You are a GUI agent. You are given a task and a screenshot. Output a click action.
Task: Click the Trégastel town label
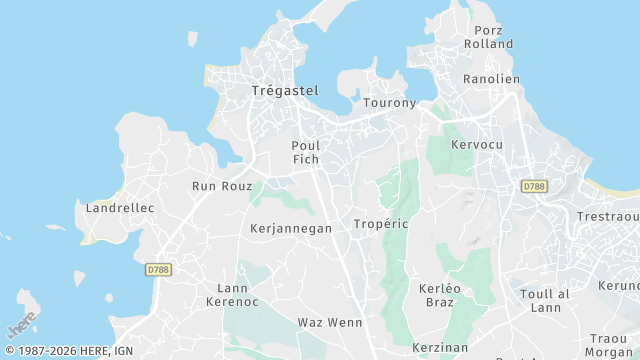(284, 91)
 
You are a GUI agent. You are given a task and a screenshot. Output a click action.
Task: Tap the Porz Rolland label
(489, 36)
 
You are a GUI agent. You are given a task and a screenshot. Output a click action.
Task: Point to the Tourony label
(389, 103)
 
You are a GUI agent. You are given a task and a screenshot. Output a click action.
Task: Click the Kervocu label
(477, 145)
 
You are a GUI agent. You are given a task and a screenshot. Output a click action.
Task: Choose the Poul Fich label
(305, 152)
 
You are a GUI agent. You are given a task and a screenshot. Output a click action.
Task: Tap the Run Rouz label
(222, 186)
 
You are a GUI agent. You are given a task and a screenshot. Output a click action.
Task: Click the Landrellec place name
(119, 208)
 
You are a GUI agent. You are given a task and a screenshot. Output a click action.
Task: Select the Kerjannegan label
(290, 229)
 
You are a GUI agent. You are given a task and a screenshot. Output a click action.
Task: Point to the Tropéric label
(381, 224)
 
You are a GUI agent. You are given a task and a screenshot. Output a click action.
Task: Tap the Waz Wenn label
(330, 323)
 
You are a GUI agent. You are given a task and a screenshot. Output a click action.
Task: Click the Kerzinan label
(440, 346)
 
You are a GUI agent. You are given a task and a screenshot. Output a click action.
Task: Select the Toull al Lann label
(545, 301)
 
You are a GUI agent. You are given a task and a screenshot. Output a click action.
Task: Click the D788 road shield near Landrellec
(158, 269)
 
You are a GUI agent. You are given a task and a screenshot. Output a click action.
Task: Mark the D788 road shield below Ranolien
(534, 186)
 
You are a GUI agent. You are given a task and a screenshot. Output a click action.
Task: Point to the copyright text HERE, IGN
(69, 351)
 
